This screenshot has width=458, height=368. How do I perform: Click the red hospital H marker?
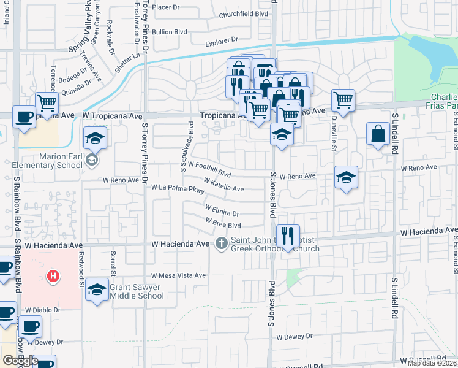(54, 277)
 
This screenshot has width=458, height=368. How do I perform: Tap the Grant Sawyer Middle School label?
(137, 291)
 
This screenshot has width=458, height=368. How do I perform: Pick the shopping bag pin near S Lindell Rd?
(378, 134)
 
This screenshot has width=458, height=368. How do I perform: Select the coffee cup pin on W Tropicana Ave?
(24, 117)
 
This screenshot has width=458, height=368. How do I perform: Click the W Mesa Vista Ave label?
(179, 275)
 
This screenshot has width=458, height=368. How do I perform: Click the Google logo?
(20, 360)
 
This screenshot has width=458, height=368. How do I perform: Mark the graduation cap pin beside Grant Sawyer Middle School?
(97, 289)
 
